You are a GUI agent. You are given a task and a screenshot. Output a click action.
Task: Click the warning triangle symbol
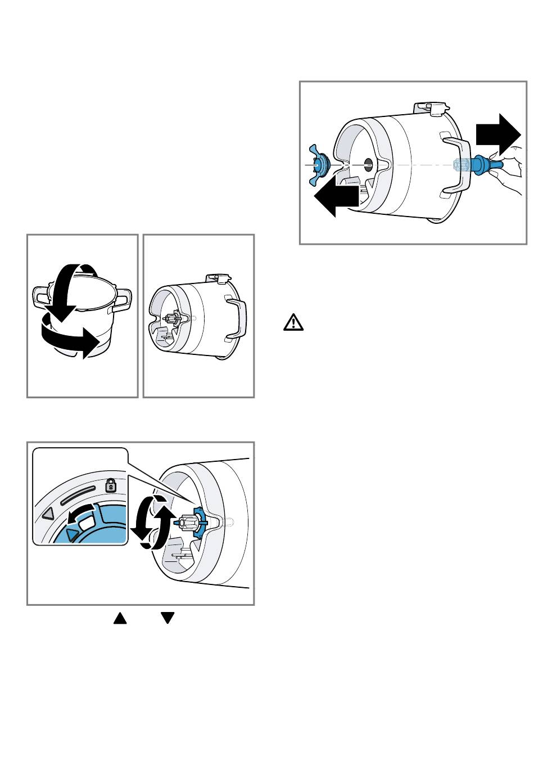pos(293,323)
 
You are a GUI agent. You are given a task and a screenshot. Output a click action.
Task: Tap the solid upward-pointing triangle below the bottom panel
pos(120,618)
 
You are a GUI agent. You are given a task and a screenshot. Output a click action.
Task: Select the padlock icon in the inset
pos(111,484)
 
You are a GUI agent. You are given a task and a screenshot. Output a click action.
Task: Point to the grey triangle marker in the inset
pos(48,513)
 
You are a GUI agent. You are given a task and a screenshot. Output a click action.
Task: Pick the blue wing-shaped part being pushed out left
pos(321,164)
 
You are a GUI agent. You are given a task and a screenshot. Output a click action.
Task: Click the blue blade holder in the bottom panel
pos(199,521)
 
